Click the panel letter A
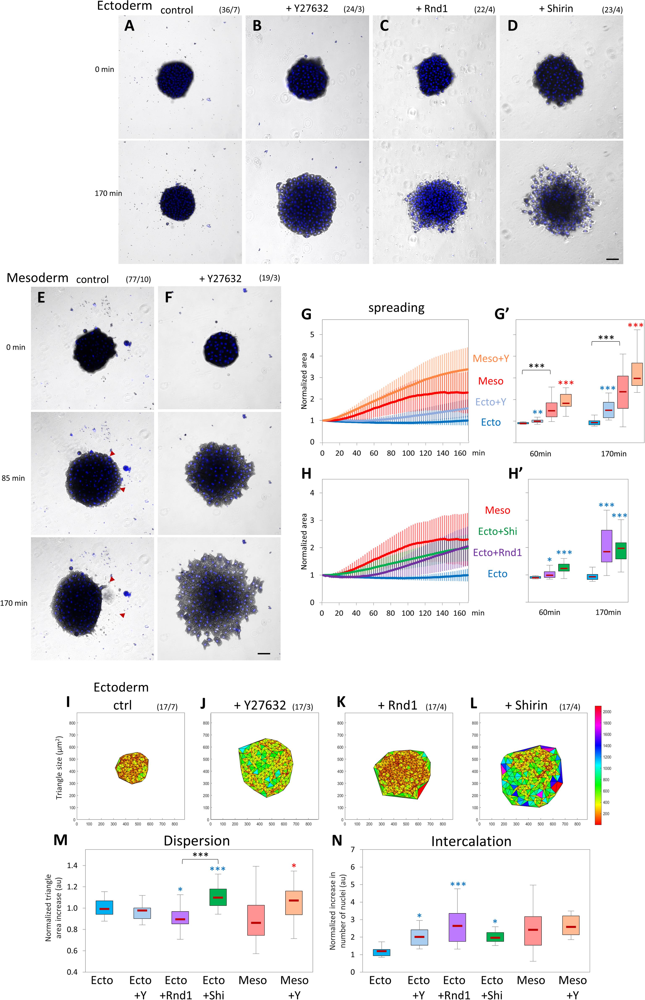129,26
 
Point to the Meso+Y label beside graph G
491,358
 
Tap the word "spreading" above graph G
396,308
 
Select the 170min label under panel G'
614,454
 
